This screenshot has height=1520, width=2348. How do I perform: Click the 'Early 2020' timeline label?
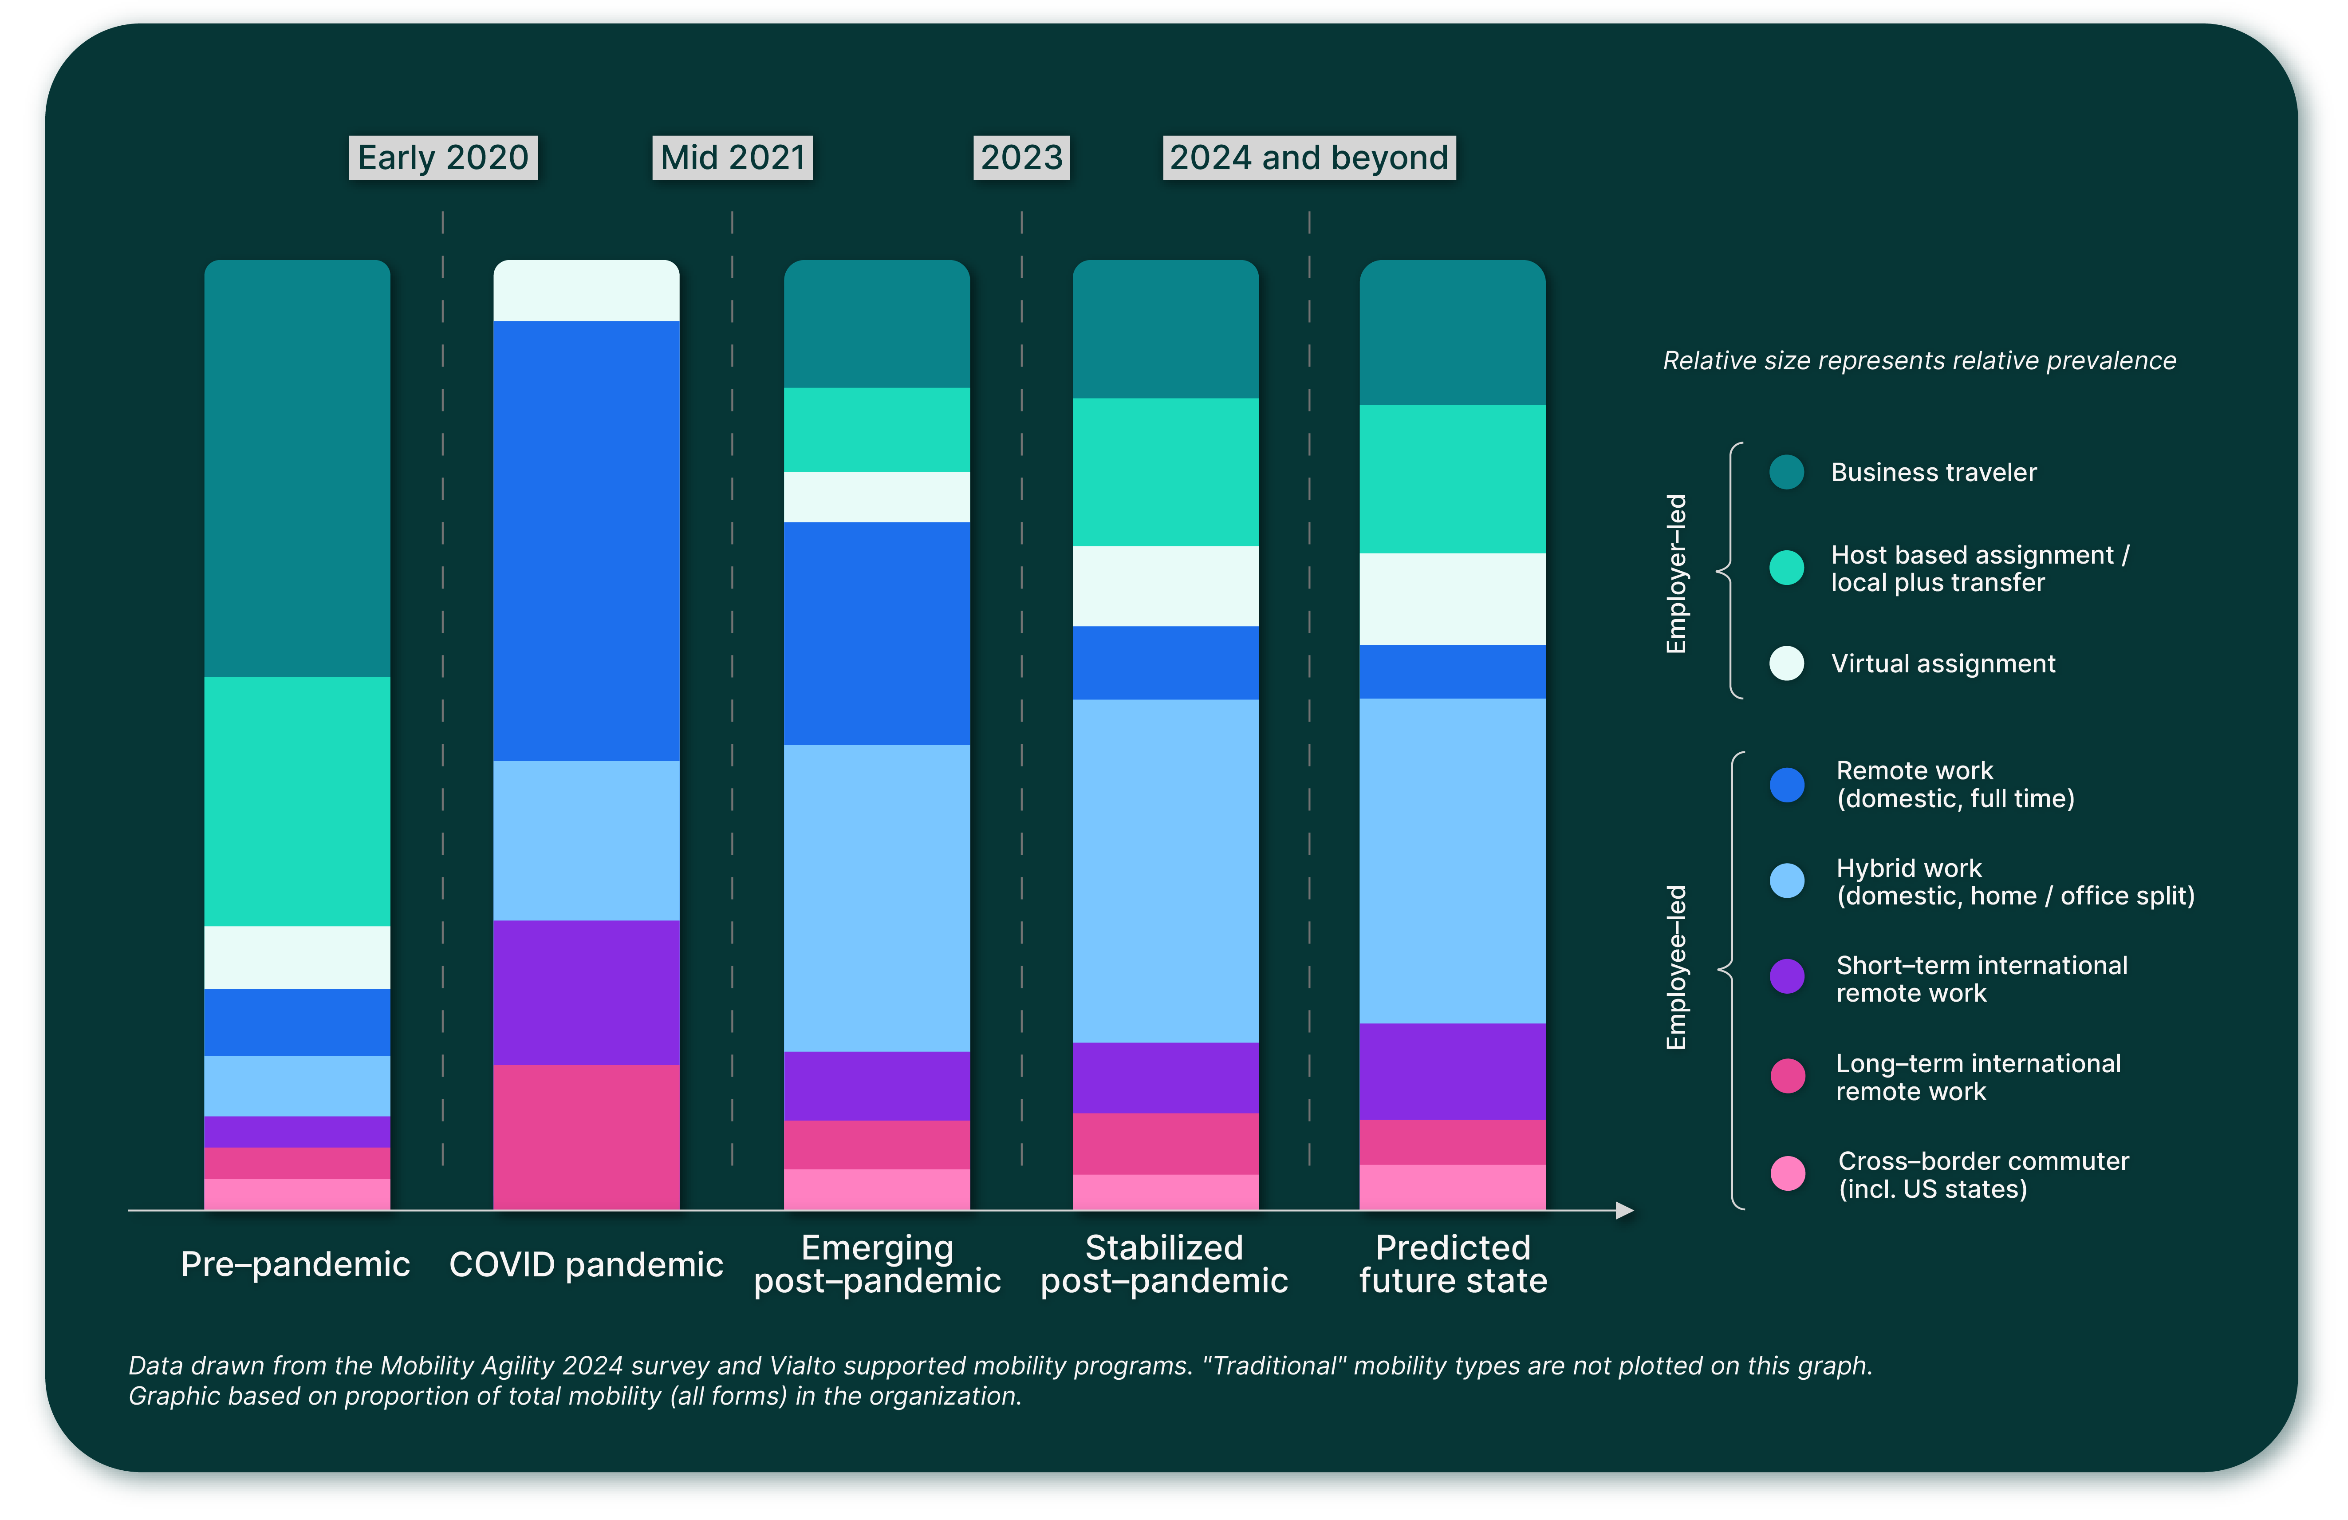(x=443, y=158)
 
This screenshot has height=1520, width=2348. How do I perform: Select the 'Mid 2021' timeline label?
(x=732, y=158)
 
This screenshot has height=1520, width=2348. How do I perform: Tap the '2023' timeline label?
(x=1021, y=158)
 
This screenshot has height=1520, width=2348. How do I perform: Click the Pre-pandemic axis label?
(x=295, y=1264)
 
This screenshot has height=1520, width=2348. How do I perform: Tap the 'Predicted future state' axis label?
(x=1452, y=1264)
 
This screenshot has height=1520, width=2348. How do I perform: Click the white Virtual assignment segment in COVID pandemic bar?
(x=586, y=291)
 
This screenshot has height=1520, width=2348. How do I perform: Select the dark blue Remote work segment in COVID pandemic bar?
(x=586, y=541)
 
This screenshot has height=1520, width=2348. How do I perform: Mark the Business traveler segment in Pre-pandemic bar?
(x=297, y=469)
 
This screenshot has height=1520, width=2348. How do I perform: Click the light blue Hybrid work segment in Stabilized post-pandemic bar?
(x=1165, y=871)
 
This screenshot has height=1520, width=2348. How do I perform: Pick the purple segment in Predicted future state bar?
(x=1452, y=1072)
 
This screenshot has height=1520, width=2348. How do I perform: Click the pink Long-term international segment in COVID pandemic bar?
(x=586, y=1137)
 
